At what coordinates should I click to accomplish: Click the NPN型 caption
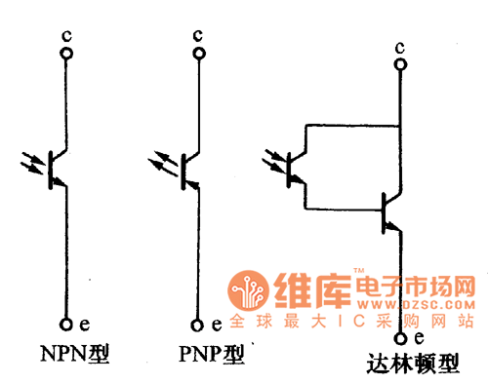(x=74, y=354)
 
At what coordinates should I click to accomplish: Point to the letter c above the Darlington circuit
(x=399, y=46)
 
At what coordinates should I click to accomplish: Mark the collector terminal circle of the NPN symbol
(x=65, y=54)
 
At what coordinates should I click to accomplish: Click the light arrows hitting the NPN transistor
(x=33, y=161)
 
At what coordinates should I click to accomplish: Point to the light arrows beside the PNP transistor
(x=164, y=161)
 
